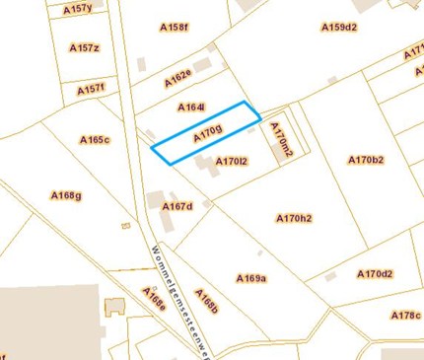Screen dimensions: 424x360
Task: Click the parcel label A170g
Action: click(x=208, y=132)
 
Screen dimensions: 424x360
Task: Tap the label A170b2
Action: click(x=366, y=160)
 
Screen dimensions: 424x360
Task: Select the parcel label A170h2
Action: click(x=294, y=218)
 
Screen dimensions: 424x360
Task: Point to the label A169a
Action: click(x=251, y=279)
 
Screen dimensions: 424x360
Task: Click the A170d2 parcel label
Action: click(x=375, y=274)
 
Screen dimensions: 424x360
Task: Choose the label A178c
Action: click(x=405, y=316)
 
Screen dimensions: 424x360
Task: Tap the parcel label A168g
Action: click(x=66, y=195)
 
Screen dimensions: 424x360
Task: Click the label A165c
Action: click(x=95, y=140)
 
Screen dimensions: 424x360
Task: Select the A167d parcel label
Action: click(x=177, y=206)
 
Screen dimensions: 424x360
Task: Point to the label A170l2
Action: click(x=232, y=161)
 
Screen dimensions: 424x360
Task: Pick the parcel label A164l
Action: click(x=191, y=107)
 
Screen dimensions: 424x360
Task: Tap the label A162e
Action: click(x=178, y=77)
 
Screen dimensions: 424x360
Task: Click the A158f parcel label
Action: click(x=174, y=28)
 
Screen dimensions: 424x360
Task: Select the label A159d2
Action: click(x=338, y=28)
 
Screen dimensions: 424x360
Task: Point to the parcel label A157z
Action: click(x=85, y=47)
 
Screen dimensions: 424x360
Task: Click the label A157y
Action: click(x=77, y=9)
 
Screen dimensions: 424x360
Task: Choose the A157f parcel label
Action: click(x=91, y=89)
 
